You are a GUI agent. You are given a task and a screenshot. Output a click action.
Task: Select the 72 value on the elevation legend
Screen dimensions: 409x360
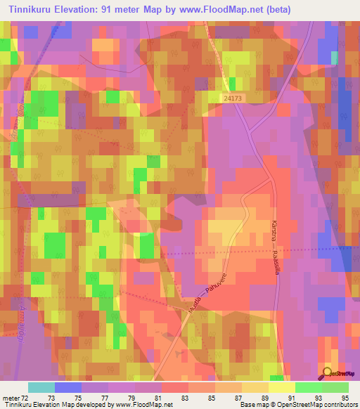click(27, 399)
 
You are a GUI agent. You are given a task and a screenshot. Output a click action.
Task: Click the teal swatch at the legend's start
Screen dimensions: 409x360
click(41, 387)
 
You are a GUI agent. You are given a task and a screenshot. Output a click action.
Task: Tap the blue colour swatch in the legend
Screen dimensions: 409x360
click(68, 387)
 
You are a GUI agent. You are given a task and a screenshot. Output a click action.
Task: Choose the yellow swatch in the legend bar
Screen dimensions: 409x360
click(282, 387)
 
